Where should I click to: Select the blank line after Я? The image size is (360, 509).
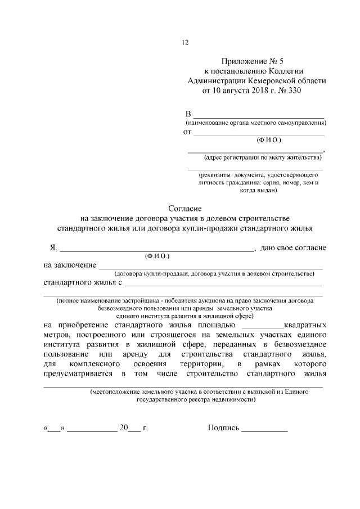point(156,249)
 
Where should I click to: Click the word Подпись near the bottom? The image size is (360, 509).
point(223,428)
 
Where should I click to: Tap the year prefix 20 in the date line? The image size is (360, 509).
point(124,428)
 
